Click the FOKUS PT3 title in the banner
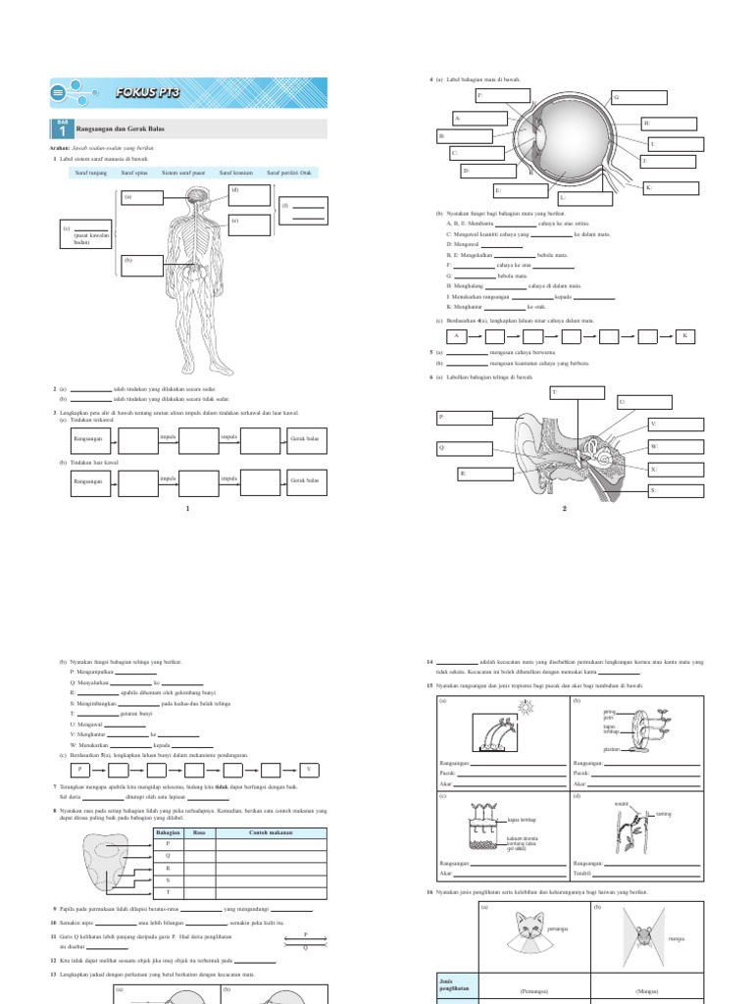coord(142,92)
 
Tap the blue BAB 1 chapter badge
coord(61,129)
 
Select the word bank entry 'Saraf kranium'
coord(235,173)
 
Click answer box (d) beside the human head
coord(248,194)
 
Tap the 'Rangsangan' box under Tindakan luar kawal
coord(89,481)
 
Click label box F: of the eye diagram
coord(503,96)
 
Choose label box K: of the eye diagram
coord(673,187)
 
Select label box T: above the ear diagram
coord(577,393)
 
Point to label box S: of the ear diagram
coord(675,491)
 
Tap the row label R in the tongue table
coord(169,868)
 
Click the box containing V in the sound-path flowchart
coord(310,770)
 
